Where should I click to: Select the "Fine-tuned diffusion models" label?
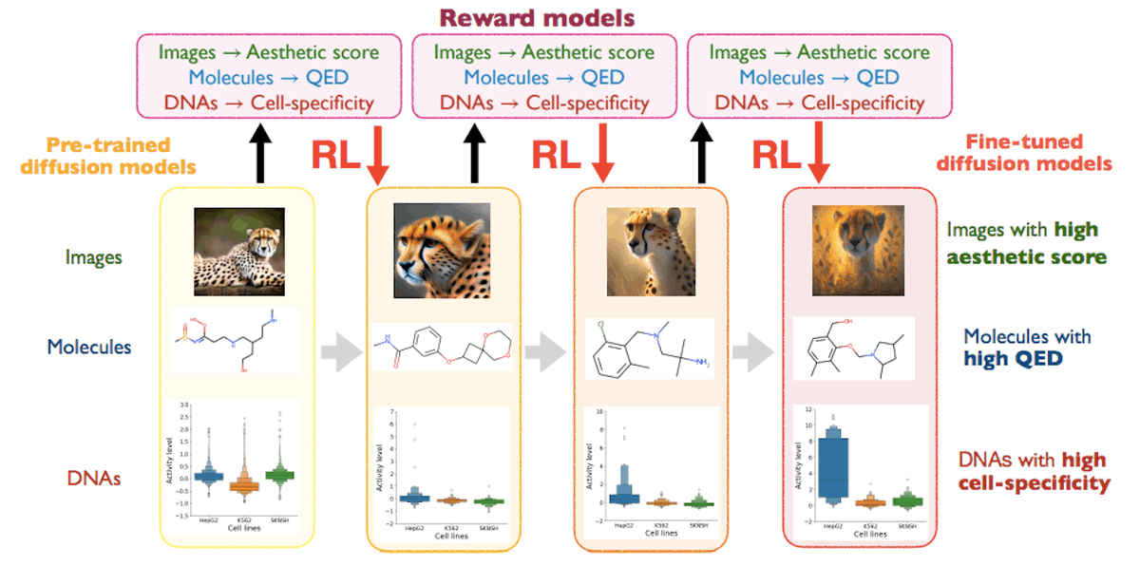tap(1024, 152)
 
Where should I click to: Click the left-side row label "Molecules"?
tap(89, 347)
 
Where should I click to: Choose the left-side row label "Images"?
tap(92, 256)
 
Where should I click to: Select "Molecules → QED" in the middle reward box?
tap(543, 78)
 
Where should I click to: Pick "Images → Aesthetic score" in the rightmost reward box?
tap(819, 53)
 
